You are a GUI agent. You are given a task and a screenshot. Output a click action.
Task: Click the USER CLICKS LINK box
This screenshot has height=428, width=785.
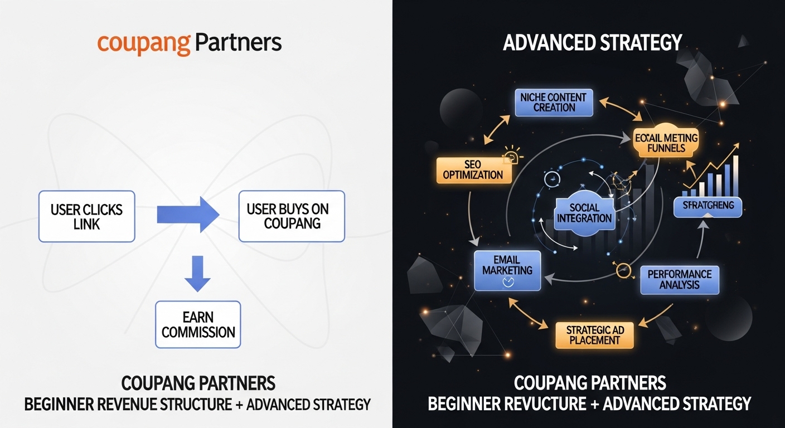(86, 216)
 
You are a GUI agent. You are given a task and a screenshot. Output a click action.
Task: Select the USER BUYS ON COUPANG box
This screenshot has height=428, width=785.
(292, 216)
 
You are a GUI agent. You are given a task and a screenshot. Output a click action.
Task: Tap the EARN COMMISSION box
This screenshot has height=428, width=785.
(198, 324)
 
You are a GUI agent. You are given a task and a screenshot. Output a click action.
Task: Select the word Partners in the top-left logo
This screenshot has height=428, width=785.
(238, 42)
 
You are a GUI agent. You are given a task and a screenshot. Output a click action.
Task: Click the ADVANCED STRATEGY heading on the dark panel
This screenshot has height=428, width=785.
(592, 43)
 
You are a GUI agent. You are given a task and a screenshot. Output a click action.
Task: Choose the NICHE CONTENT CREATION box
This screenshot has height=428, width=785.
(553, 103)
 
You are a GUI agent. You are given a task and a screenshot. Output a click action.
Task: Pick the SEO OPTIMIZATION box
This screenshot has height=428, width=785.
(473, 169)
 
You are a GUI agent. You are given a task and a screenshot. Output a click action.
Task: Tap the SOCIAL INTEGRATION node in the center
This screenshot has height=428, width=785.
(584, 213)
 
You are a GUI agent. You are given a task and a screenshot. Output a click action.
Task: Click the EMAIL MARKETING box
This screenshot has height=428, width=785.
(507, 270)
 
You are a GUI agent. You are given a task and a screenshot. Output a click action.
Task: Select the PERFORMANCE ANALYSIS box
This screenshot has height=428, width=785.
(679, 279)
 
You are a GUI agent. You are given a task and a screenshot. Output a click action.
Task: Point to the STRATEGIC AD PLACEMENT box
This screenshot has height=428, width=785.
(595, 334)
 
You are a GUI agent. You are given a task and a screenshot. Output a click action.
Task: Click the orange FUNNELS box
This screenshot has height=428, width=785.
(666, 142)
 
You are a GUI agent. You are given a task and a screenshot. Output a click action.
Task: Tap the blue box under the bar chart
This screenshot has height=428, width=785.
(708, 206)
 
